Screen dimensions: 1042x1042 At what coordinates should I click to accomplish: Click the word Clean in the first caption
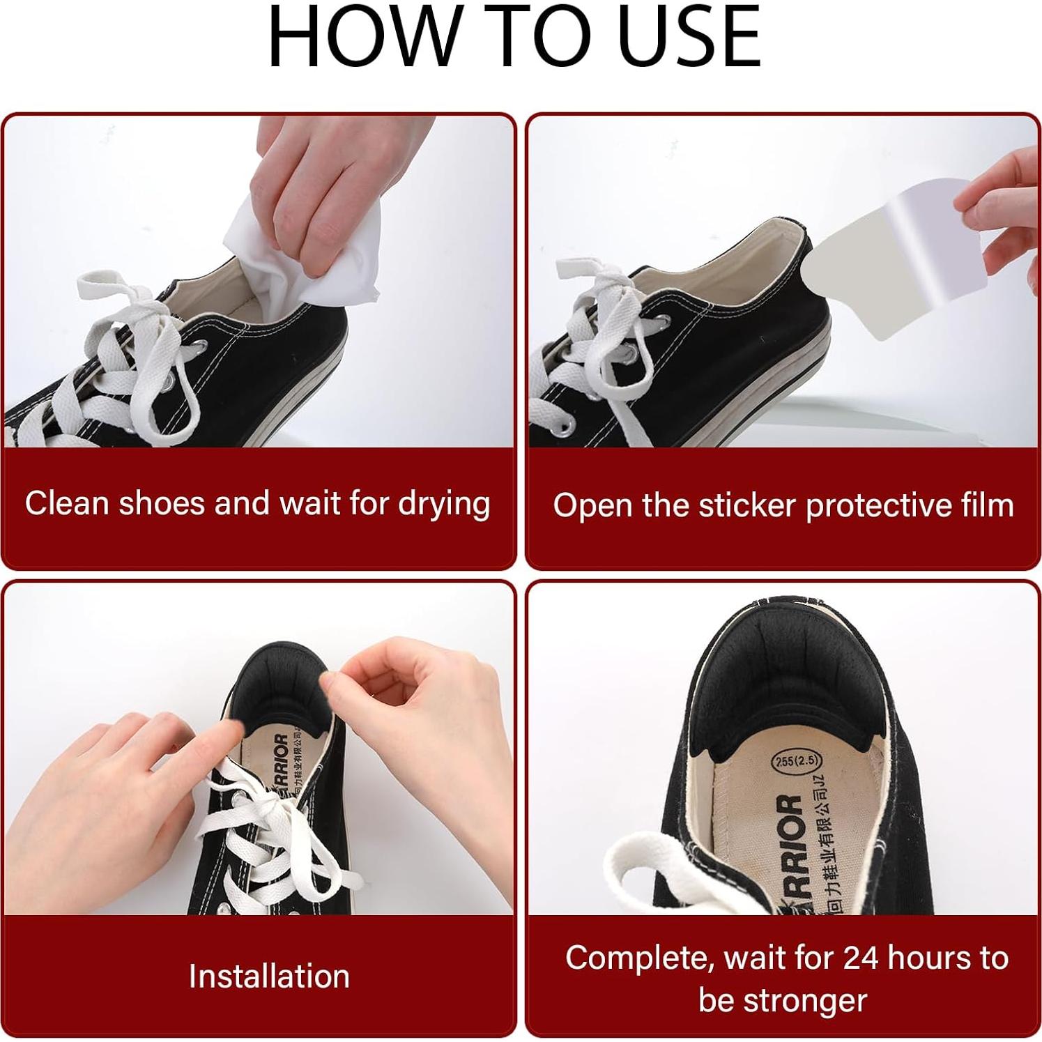(68, 503)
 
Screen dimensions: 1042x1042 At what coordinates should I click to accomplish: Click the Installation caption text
(269, 976)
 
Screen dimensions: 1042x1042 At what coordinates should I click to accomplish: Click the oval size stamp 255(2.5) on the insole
(795, 760)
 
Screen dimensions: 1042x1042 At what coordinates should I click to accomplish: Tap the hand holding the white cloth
(307, 188)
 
